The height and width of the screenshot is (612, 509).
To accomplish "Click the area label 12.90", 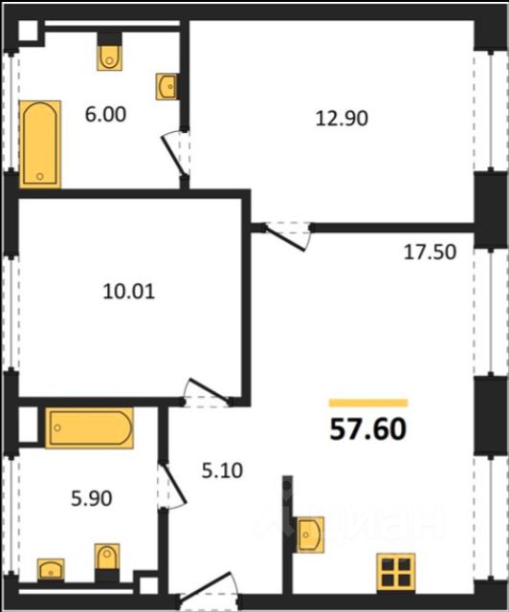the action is coord(342,119).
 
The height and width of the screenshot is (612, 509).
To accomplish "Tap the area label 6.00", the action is coord(105,115).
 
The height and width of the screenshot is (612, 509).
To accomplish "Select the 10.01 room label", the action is coord(129,292).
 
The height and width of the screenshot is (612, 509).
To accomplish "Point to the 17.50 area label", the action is coord(430,252).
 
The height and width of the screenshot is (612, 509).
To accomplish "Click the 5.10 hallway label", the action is coord(222,470).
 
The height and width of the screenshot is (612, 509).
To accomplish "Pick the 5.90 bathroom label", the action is coord(92,498).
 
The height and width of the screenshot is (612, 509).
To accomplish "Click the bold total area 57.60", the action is coord(368,429).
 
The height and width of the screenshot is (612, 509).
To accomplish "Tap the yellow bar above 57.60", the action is coord(368,403).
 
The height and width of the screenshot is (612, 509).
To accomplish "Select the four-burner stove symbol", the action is coord(396,572).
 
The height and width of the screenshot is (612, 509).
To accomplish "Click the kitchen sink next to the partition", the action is coord(311,535).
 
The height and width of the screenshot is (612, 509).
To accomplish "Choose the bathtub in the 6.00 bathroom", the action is coord(40,144).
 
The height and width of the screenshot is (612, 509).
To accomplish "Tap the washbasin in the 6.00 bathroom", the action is coord(167,87).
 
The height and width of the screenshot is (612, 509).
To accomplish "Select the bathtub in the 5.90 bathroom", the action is coord(89,427).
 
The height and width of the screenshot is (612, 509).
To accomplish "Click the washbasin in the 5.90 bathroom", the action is coord(51,569).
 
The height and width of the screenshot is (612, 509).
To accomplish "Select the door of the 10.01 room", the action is coord(207,391).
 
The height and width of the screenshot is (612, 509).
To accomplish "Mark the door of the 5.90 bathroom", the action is coord(172,486).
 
